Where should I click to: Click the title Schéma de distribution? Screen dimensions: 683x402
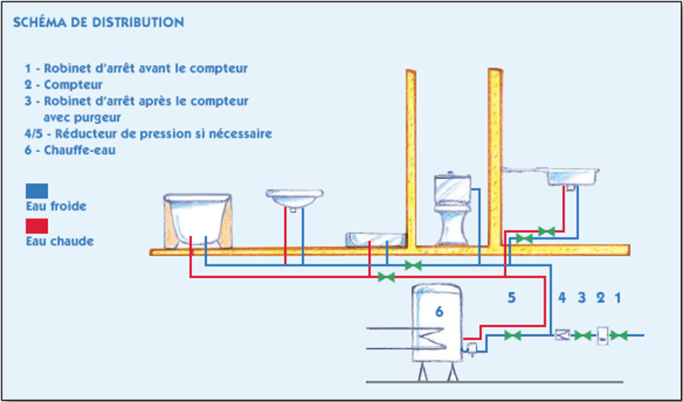click(x=99, y=22)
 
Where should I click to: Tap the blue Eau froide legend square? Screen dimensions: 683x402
click(x=37, y=191)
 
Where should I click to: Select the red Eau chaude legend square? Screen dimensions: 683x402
click(x=37, y=226)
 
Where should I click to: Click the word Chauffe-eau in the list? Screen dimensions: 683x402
click(x=80, y=152)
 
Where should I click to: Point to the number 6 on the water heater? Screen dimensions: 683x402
click(x=439, y=311)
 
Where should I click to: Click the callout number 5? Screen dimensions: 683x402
click(x=511, y=298)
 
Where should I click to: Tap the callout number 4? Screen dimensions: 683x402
click(x=562, y=298)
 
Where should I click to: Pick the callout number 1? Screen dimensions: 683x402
click(x=617, y=298)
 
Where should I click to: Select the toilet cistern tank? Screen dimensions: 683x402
click(x=453, y=188)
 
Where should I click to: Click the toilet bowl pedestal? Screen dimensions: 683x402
click(x=453, y=226)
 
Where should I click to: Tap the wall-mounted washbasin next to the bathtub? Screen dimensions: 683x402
click(x=294, y=200)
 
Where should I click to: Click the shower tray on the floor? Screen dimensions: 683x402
click(x=376, y=239)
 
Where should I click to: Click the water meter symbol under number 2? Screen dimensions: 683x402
click(x=603, y=335)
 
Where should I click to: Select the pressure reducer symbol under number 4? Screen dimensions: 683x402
click(x=563, y=335)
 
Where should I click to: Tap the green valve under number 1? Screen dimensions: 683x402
click(x=619, y=335)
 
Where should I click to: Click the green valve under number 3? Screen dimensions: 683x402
click(x=582, y=335)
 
